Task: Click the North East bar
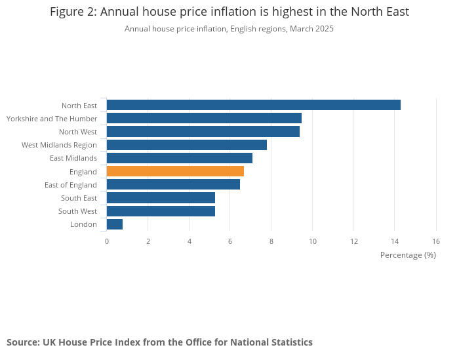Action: click(253, 105)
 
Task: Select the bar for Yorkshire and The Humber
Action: click(204, 118)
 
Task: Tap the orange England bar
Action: click(175, 171)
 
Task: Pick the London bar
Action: click(115, 224)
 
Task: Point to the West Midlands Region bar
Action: click(187, 145)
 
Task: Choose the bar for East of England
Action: click(173, 185)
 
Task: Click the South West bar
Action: click(161, 211)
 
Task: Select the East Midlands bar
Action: click(180, 158)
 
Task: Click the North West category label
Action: click(78, 132)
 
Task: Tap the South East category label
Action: click(79, 198)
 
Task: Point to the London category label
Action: click(84, 224)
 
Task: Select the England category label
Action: click(83, 172)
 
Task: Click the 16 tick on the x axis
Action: click(436, 241)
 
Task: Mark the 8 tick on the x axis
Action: click(271, 241)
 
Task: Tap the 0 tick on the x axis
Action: click(107, 241)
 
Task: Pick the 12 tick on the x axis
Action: click(353, 241)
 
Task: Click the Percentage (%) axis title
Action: click(408, 254)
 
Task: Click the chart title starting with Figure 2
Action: click(229, 12)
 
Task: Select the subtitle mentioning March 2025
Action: click(229, 29)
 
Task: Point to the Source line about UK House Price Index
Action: click(159, 342)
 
